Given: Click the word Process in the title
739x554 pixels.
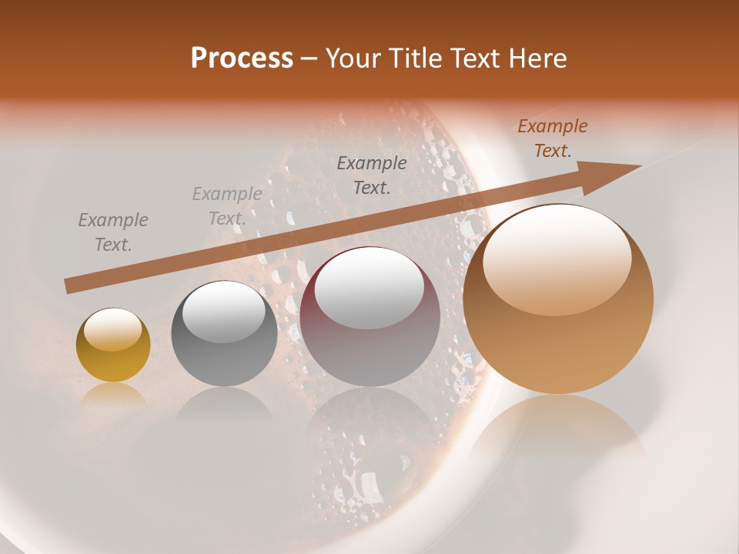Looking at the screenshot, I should click(242, 58).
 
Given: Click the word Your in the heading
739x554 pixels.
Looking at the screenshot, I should click(353, 58).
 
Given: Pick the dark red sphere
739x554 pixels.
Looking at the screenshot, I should click(370, 317).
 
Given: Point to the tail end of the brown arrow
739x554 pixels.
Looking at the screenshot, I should click(68, 286).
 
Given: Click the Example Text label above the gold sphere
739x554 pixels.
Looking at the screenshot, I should click(113, 232).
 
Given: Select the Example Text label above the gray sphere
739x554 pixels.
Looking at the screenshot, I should click(227, 206).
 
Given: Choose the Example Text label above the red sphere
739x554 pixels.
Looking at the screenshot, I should click(372, 175).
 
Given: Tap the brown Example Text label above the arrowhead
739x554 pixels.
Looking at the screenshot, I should click(552, 138).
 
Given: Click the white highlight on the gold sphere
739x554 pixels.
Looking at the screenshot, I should click(113, 329).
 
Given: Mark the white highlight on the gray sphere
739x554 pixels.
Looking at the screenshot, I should click(224, 312).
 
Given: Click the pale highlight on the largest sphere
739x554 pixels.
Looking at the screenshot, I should click(557, 258).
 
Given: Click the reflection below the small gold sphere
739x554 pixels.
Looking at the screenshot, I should click(113, 396).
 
